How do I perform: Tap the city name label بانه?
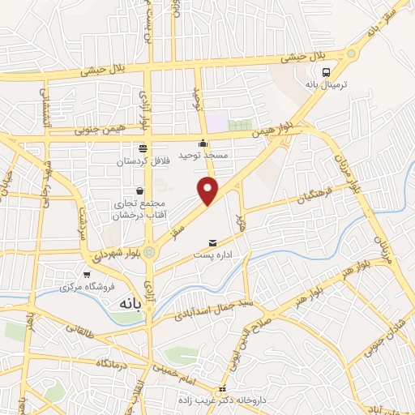click(130, 303)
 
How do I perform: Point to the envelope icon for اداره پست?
click(213, 242)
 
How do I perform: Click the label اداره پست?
click(212, 255)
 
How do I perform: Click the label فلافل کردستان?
click(142, 161)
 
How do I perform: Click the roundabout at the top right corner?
click(350, 53)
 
